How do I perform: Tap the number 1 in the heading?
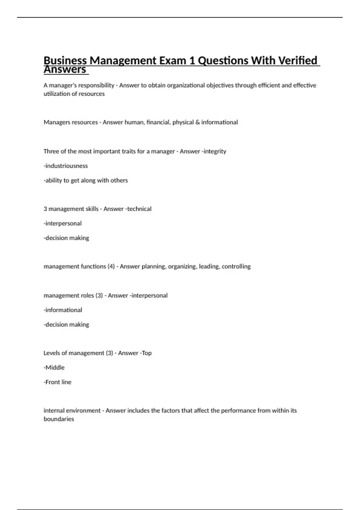point(191,61)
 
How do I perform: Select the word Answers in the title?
point(65,70)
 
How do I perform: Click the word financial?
point(158,122)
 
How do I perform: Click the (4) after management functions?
point(111,266)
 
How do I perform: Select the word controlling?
point(236,266)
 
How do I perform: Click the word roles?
point(87,295)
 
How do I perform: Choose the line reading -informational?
point(63,310)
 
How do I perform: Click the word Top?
point(147,353)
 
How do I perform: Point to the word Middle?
point(55,367)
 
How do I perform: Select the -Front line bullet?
point(58,382)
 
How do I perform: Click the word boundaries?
point(59,419)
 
